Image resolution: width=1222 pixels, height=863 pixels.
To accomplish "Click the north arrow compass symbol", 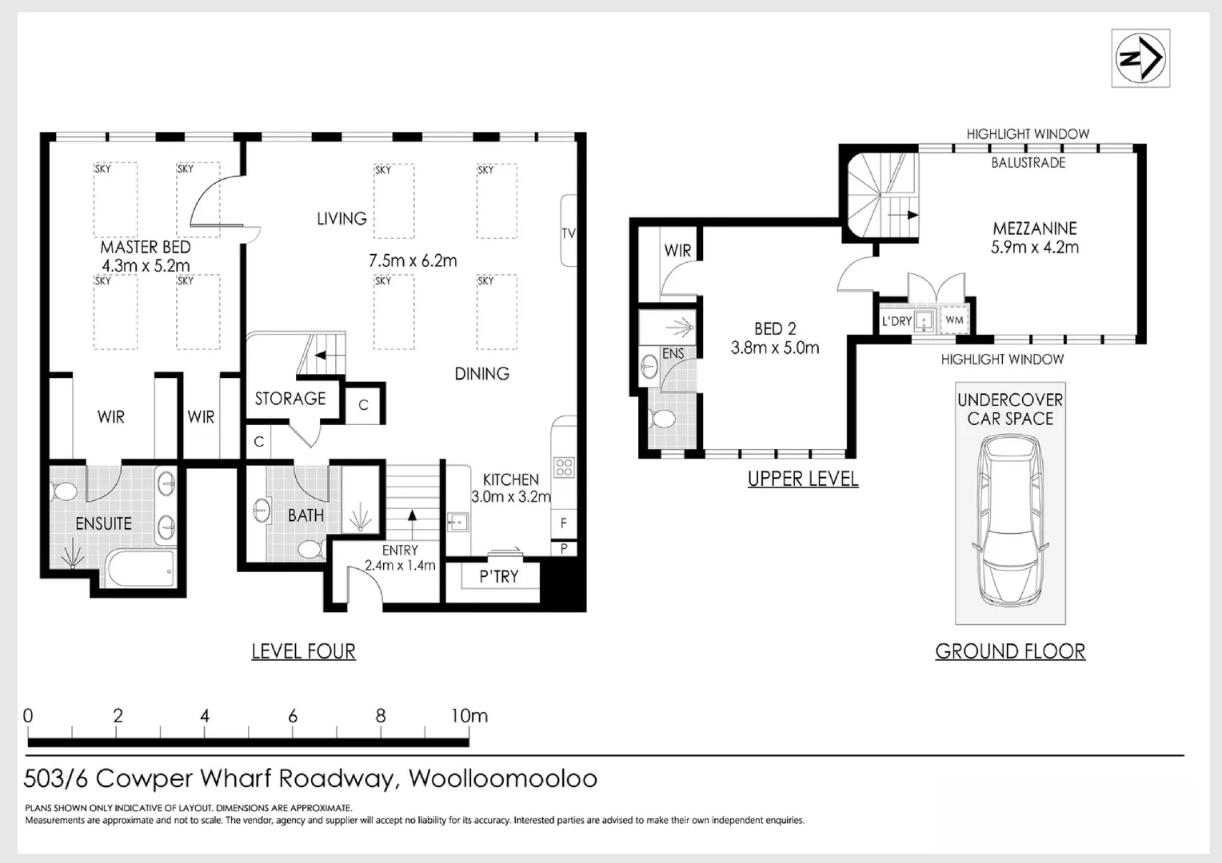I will point(1140,58).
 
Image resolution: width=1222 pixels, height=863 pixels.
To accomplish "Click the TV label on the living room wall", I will point(568,233).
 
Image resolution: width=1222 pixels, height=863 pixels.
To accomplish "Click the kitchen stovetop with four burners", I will point(564,467).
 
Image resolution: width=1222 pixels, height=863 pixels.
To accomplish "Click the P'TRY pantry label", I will point(499,577).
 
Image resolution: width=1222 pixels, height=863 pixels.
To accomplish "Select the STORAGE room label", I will point(290,398).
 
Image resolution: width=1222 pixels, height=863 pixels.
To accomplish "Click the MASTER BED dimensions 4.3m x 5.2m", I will point(146,266).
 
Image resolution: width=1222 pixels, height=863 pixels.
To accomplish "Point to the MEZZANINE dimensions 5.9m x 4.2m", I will point(1035,248).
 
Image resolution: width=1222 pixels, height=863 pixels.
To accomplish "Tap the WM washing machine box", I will point(954,320).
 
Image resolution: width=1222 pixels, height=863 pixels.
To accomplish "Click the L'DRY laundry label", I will point(897,321).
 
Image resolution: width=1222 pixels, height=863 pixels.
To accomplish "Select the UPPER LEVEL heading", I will point(803,479).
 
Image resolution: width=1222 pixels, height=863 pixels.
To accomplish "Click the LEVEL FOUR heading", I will point(303,651).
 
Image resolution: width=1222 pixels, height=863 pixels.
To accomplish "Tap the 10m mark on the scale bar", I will point(469,717).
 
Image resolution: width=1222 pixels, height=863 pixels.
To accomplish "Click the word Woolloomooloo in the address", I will point(503,778).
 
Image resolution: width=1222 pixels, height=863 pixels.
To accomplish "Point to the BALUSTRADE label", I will point(1028,162).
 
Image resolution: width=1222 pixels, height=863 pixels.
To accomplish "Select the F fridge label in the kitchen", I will point(564,523).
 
